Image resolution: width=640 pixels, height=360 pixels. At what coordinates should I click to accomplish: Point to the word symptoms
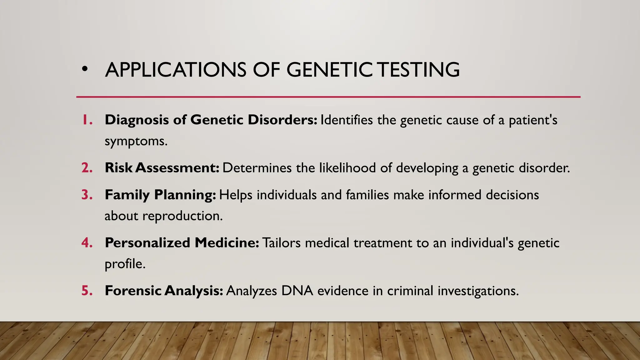tap(135, 142)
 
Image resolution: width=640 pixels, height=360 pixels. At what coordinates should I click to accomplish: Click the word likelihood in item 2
tap(347, 168)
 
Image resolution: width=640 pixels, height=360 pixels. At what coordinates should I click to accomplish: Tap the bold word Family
tap(127, 195)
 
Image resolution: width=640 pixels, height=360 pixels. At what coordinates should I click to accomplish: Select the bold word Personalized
tap(147, 243)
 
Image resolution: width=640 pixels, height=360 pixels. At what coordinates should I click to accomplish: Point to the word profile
tap(124, 264)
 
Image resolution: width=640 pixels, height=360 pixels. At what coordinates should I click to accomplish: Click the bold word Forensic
tap(133, 291)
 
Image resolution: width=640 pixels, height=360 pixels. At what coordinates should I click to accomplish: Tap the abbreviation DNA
tap(297, 291)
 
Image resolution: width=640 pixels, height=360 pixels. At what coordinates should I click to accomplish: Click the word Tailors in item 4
tap(281, 243)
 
